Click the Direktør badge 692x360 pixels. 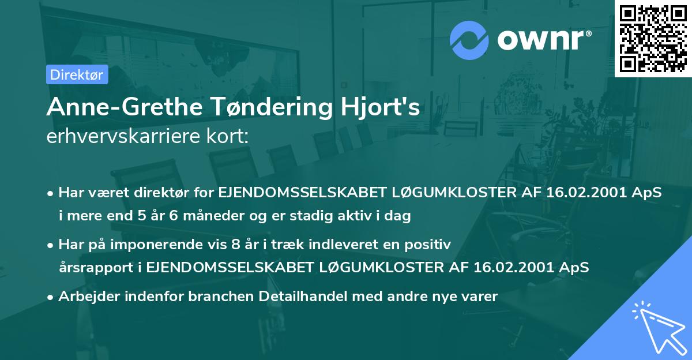[x=77, y=74]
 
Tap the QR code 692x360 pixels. [x=653, y=38]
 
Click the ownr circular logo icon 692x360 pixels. [x=469, y=40]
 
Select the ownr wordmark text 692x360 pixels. [x=544, y=40]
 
